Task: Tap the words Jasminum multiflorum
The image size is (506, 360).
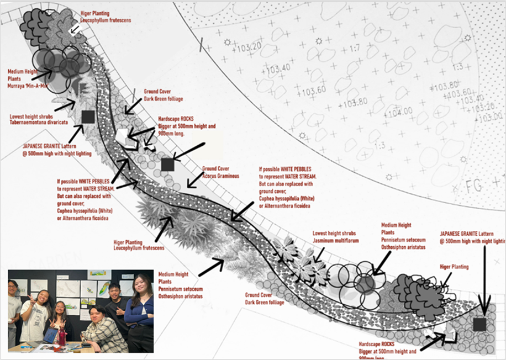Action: pyautogui.click(x=335, y=241)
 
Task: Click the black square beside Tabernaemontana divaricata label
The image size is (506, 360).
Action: pyautogui.click(x=87, y=117)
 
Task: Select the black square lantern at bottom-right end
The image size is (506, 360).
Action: pyautogui.click(x=479, y=325)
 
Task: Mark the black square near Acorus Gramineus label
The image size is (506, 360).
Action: pyautogui.click(x=167, y=164)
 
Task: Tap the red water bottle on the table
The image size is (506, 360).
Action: pyautogui.click(x=61, y=336)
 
